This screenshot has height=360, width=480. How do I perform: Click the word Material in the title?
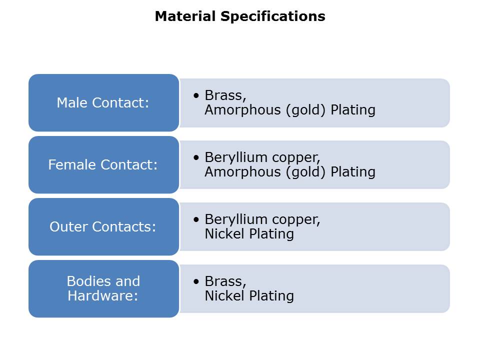(x=185, y=16)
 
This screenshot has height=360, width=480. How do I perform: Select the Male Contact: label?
(x=103, y=102)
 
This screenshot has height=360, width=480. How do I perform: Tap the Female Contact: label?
(x=103, y=164)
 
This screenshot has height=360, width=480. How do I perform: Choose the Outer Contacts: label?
(x=103, y=227)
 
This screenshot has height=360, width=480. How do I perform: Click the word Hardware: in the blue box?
(x=103, y=295)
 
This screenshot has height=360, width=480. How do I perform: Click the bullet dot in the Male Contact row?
(x=196, y=95)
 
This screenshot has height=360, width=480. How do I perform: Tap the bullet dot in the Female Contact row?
(x=196, y=157)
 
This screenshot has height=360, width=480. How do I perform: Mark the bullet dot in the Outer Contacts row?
(x=196, y=219)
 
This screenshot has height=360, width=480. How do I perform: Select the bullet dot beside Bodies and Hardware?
(x=196, y=281)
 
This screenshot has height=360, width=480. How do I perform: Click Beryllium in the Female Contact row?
(x=236, y=157)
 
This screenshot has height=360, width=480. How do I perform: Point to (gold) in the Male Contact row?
(x=305, y=110)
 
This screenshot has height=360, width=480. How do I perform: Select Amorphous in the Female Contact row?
(x=243, y=171)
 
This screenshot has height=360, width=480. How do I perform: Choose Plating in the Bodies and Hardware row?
(x=271, y=296)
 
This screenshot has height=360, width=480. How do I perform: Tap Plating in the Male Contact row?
(x=353, y=110)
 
